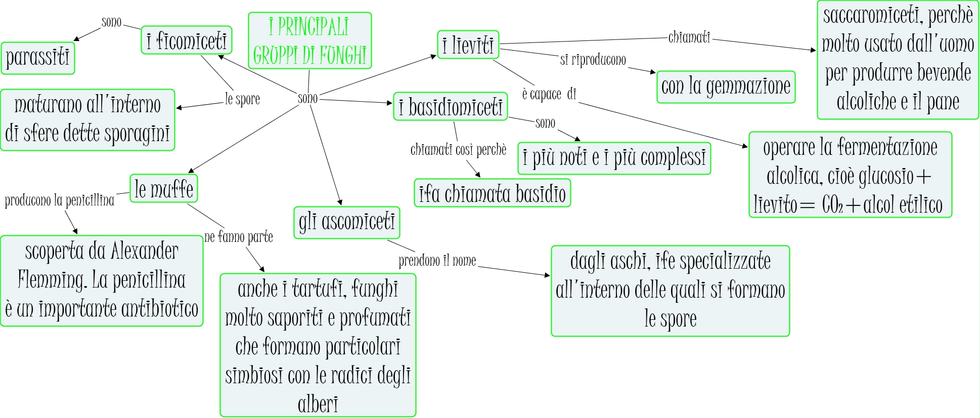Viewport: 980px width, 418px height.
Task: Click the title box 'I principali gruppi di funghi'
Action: click(309, 40)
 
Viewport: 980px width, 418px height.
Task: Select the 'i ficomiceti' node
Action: click(187, 40)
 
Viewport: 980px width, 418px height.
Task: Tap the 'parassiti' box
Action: click(38, 58)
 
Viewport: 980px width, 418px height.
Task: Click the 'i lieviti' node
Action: click(468, 45)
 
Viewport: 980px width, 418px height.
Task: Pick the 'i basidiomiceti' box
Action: click(450, 107)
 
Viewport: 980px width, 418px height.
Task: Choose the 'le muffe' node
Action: click(164, 189)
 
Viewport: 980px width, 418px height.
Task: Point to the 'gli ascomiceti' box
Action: click(346, 222)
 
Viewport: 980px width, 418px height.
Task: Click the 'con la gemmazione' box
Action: click(726, 87)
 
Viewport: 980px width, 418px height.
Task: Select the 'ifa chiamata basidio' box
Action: click(492, 193)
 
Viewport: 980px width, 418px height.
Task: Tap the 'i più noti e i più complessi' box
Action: click(614, 158)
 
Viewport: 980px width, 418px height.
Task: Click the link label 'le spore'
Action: click(242, 99)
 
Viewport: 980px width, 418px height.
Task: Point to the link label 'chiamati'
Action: click(689, 37)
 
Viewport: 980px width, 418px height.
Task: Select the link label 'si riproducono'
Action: click(593, 60)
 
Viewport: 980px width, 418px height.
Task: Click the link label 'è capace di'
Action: click(549, 94)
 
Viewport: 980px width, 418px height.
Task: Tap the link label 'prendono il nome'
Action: click(437, 261)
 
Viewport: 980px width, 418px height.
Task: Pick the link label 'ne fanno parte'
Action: click(238, 237)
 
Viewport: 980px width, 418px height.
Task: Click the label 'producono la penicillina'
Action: click(60, 200)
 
